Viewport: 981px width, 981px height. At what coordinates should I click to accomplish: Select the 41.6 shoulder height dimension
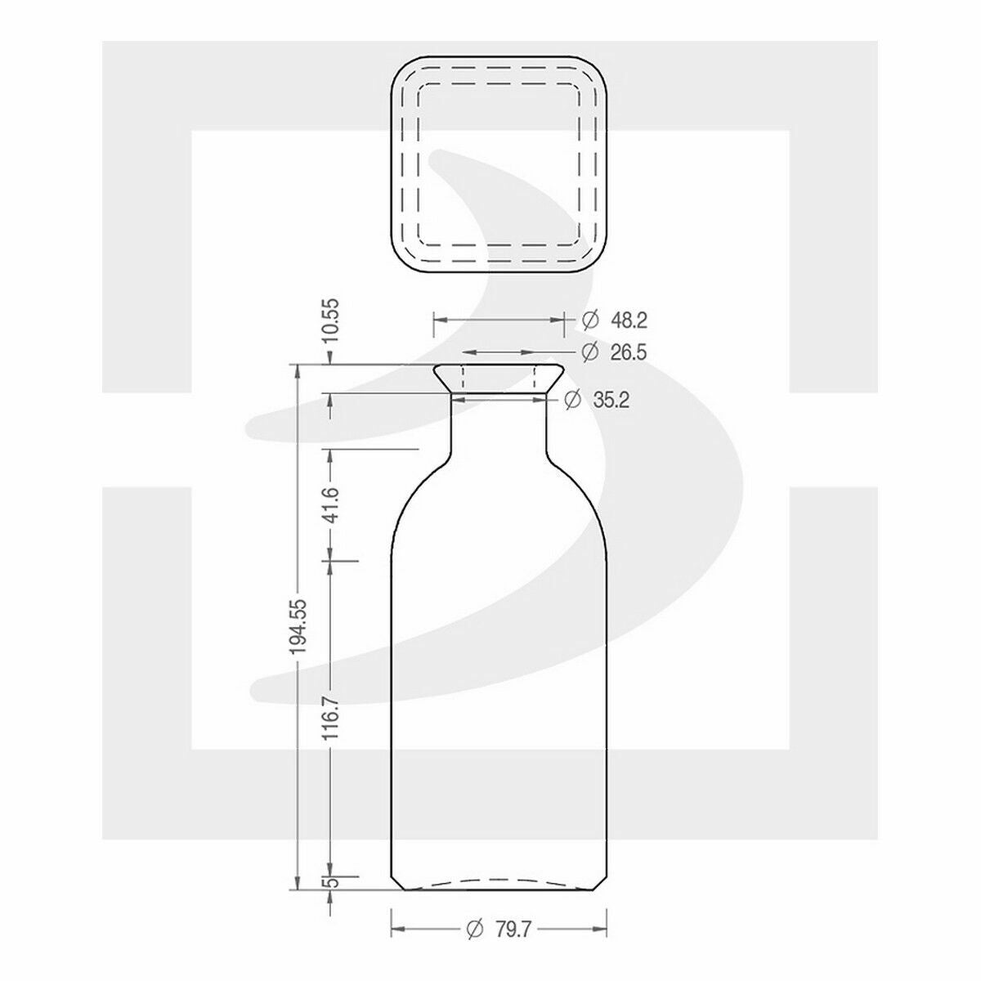point(331,505)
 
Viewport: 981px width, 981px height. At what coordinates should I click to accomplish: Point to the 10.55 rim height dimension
point(331,322)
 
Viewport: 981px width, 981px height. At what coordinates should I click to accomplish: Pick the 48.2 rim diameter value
point(629,320)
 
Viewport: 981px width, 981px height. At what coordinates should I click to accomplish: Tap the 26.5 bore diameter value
point(629,352)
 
